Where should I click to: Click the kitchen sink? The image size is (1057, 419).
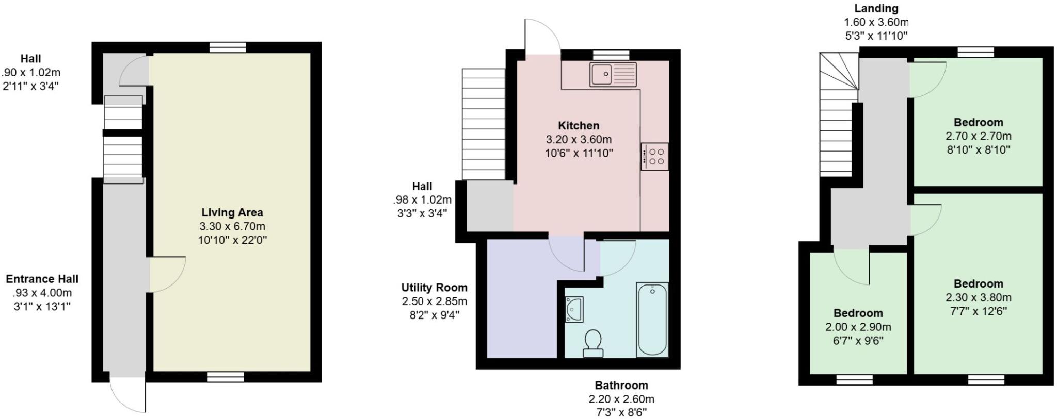point(613,74)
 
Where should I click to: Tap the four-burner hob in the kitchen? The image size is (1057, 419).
point(655,156)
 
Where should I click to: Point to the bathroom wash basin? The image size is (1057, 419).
point(573,309)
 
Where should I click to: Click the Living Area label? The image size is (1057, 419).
point(232,212)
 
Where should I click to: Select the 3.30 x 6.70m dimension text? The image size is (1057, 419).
point(232,226)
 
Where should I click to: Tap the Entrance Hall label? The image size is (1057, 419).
point(42,279)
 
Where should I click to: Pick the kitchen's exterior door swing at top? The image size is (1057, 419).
point(542,37)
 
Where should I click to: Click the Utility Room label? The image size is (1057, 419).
point(434,288)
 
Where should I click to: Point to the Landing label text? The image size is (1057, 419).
point(876,8)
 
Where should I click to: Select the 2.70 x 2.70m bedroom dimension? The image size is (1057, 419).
point(978,137)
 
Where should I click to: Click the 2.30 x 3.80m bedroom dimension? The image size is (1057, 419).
point(978,297)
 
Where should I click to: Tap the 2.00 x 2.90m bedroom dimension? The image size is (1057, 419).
point(858,327)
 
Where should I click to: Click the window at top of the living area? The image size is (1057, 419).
point(228,47)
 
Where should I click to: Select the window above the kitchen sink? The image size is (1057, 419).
point(611,55)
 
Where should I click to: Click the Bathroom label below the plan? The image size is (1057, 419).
point(621,385)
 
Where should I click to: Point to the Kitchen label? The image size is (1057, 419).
point(578,125)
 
